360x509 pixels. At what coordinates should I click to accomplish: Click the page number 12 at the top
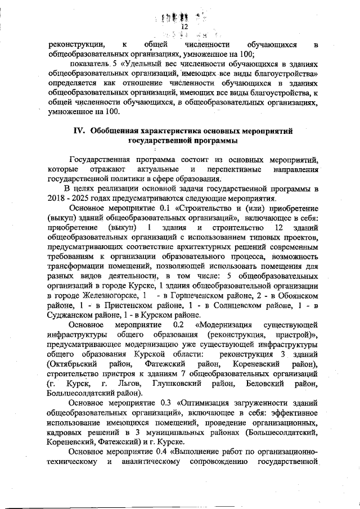click(183, 27)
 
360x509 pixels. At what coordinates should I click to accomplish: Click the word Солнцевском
click(250, 305)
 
